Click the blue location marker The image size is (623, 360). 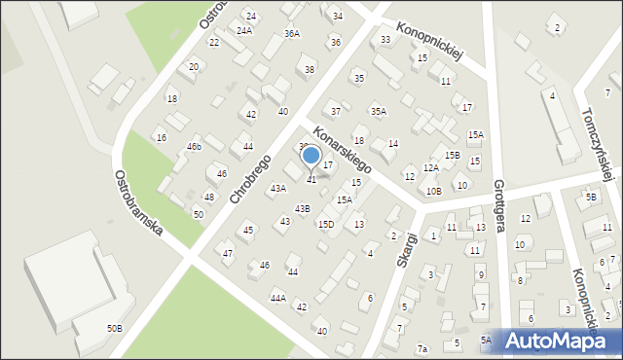(311, 156)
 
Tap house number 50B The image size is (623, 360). (115, 329)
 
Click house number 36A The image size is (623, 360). (291, 33)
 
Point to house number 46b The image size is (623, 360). (195, 146)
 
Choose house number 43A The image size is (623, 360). (278, 188)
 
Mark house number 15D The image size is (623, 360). (326, 224)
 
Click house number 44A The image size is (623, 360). (278, 298)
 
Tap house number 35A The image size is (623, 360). (378, 111)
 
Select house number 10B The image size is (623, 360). (433, 191)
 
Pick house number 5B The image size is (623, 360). (591, 197)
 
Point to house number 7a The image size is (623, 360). (422, 348)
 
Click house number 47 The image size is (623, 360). (228, 254)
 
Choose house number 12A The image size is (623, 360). (430, 168)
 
